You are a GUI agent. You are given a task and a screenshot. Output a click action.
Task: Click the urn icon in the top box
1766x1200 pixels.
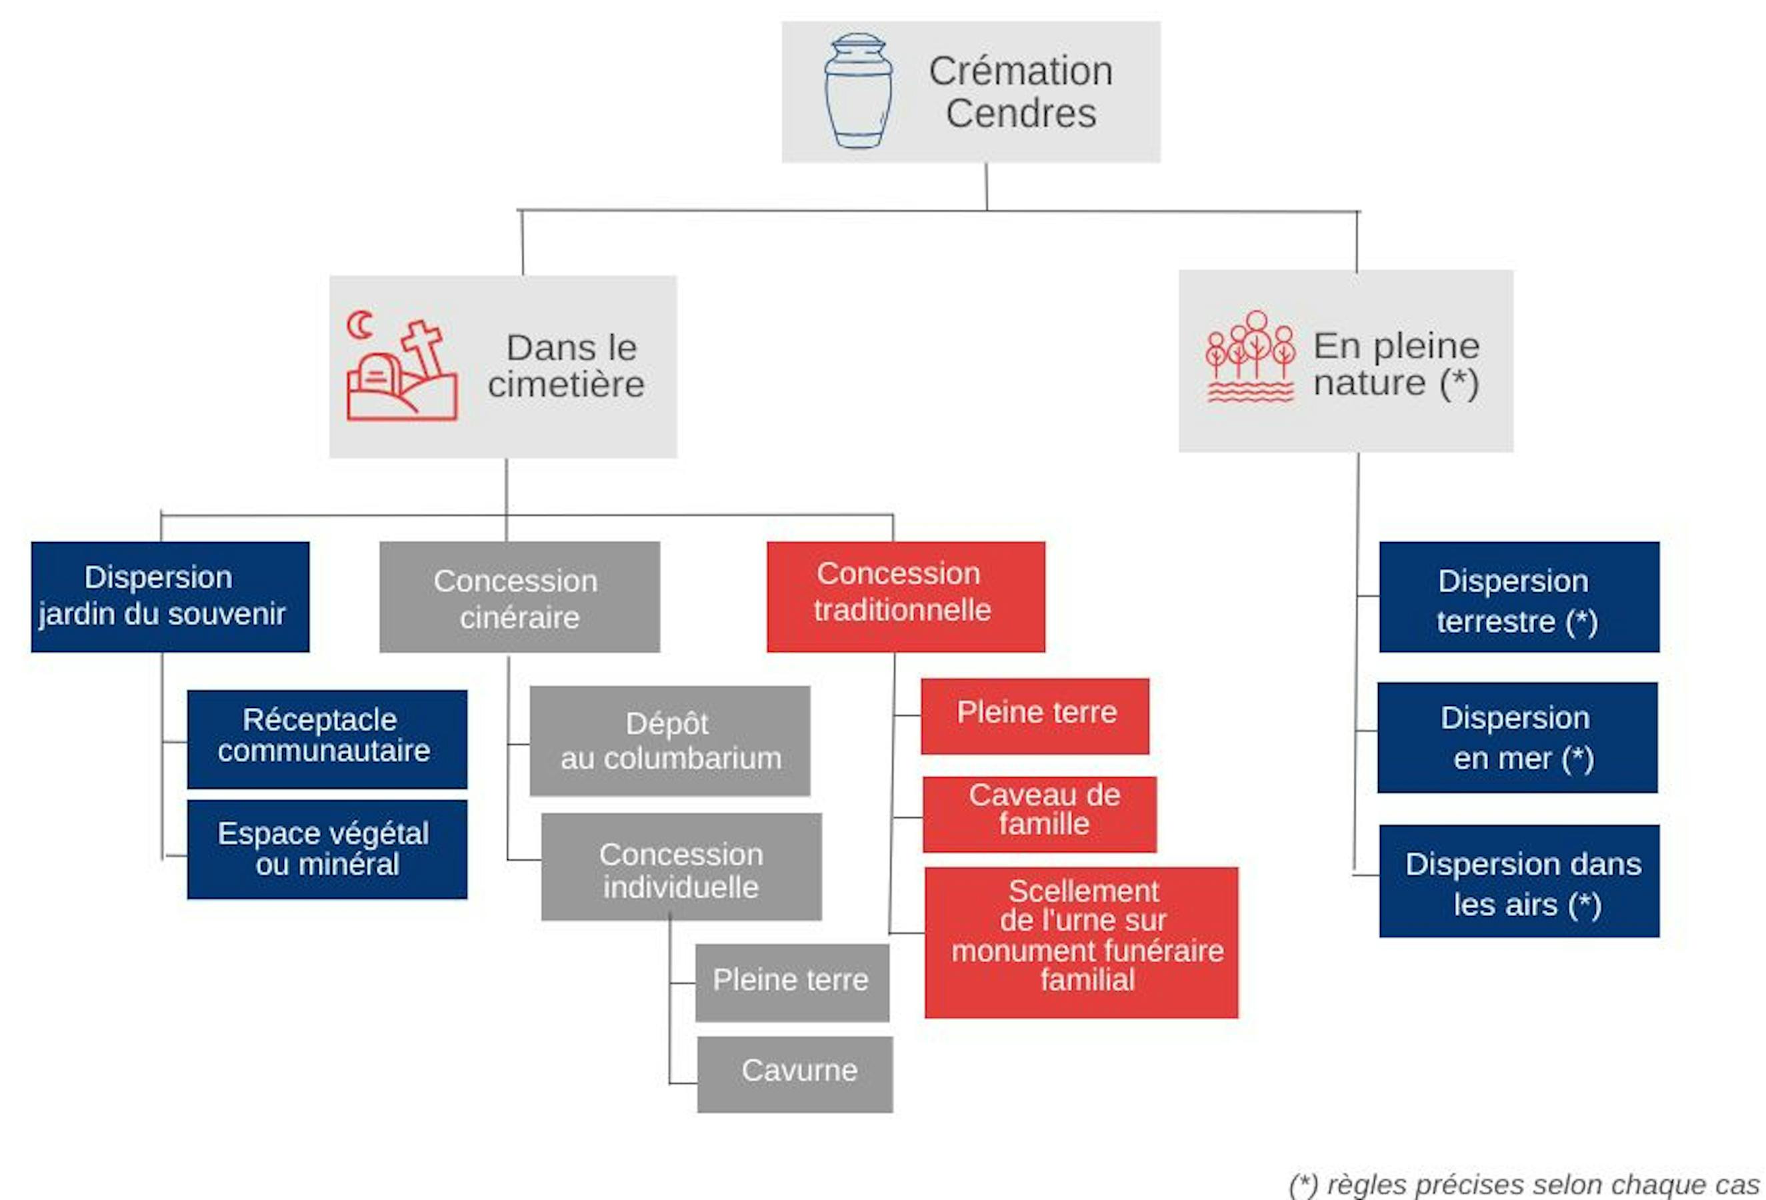click(x=858, y=91)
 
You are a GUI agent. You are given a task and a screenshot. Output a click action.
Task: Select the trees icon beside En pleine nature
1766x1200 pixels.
click(x=1250, y=357)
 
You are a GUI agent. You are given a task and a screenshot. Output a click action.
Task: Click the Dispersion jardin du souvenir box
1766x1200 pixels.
click(x=170, y=597)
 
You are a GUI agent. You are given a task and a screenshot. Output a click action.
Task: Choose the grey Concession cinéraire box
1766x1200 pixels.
click(x=520, y=597)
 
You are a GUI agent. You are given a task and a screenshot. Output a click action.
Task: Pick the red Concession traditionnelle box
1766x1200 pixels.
click(x=906, y=597)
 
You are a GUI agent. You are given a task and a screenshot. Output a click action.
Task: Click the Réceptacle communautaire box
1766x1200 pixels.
click(x=327, y=739)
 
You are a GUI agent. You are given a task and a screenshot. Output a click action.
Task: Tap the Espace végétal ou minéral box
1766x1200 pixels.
click(x=327, y=849)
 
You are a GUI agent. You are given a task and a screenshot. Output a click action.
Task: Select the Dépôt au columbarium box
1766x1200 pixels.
click(x=669, y=741)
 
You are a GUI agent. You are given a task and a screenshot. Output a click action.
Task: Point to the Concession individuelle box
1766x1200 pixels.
click(x=681, y=867)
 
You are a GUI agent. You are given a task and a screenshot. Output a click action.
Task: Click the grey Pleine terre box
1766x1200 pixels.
click(x=792, y=982)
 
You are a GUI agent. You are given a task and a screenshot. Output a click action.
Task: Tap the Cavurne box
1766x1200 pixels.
click(x=795, y=1074)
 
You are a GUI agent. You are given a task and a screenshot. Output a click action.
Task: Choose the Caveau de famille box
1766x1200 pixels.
click(x=1039, y=814)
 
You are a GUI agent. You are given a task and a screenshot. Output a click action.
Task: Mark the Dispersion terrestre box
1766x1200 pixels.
click(x=1519, y=597)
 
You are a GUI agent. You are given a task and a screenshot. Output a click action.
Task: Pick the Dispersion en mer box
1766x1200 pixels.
click(x=1517, y=737)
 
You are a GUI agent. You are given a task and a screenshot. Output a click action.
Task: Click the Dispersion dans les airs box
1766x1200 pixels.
click(x=1519, y=881)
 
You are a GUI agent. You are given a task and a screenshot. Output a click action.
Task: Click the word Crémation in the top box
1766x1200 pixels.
click(x=1021, y=71)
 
